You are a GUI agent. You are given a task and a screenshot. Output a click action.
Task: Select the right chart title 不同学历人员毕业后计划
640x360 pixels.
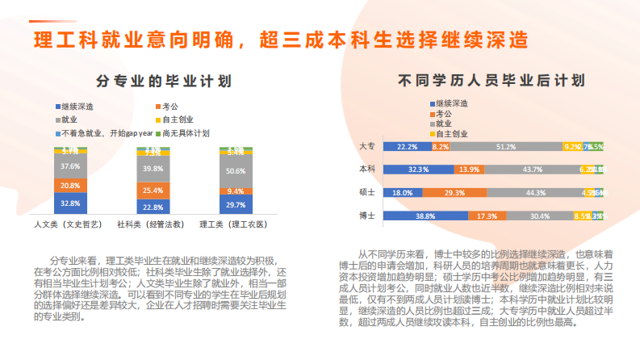click(492, 81)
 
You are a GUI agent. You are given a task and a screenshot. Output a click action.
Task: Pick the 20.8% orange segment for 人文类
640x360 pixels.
click(70, 186)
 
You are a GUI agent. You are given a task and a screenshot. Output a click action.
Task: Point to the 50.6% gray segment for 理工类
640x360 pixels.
click(236, 171)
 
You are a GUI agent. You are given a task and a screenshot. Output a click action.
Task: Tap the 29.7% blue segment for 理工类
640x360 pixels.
click(236, 206)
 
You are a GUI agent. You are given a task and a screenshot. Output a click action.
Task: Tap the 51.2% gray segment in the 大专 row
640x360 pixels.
click(506, 147)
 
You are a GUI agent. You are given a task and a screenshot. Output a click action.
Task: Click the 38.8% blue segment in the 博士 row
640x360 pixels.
click(426, 216)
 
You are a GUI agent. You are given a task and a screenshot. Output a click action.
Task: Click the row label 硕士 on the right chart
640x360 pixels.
click(366, 193)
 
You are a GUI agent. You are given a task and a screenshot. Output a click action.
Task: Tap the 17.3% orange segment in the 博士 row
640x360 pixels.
click(487, 216)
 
